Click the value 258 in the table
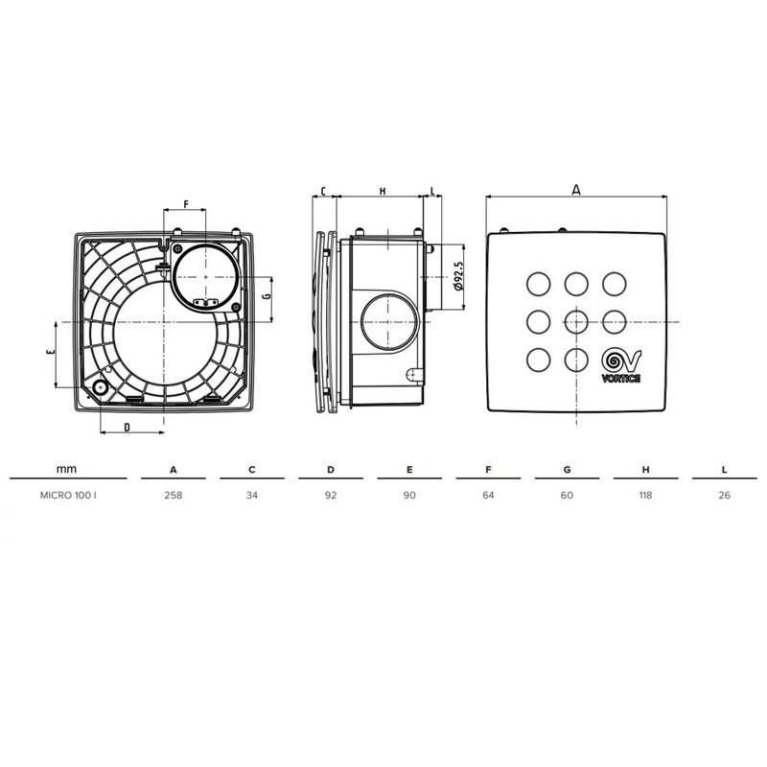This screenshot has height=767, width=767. click(x=173, y=497)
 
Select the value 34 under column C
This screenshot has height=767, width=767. click(x=251, y=497)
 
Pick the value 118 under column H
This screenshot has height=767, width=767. click(x=645, y=497)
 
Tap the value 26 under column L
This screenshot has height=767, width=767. click(x=724, y=497)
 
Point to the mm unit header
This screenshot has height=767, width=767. click(x=66, y=469)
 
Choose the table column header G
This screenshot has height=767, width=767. click(x=567, y=470)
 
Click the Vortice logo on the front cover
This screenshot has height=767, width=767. click(x=620, y=365)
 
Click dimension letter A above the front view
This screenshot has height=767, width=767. click(x=575, y=190)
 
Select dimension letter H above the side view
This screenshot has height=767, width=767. click(x=382, y=192)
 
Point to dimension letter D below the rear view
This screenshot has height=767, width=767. click(x=128, y=429)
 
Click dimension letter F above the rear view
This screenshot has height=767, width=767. click(x=186, y=204)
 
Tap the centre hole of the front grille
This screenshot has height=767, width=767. click(x=575, y=320)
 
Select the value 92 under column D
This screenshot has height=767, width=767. click(x=330, y=497)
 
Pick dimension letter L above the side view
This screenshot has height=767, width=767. click(x=433, y=192)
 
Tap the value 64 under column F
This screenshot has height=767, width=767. click(x=488, y=497)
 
